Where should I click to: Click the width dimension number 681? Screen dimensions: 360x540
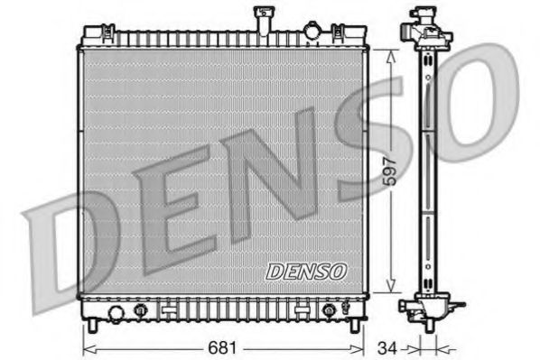(x=221, y=346)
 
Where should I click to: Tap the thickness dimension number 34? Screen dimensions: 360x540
(x=386, y=346)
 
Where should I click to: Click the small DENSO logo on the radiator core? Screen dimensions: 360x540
(x=306, y=269)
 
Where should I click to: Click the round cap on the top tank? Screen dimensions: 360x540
(x=312, y=32)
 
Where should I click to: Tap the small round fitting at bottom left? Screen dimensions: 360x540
(x=141, y=311)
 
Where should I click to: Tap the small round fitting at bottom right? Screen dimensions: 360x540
(x=329, y=311)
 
